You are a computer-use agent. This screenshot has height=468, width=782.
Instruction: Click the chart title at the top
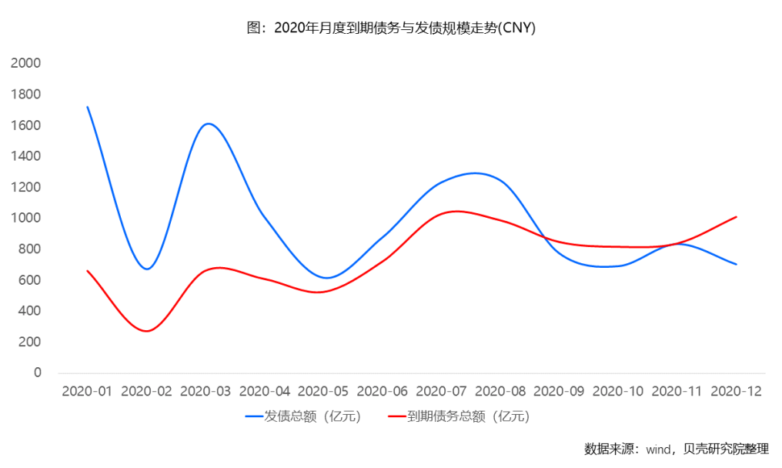390,28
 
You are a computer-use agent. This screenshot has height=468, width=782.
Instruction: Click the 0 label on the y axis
36,373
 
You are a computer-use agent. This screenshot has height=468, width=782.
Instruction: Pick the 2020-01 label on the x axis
87,391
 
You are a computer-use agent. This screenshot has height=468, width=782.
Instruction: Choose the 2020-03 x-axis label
206,391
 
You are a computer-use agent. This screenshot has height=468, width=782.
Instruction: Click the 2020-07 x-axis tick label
442,391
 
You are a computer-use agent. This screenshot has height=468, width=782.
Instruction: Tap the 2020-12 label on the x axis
737,391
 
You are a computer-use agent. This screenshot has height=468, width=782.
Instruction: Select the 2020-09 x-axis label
560,391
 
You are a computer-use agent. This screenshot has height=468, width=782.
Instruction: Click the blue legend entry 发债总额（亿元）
303,416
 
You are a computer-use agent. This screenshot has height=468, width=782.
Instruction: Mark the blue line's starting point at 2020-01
88,107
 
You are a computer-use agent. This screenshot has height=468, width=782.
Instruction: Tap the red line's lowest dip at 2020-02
146,331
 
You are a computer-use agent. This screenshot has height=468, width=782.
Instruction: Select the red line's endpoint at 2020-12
737,216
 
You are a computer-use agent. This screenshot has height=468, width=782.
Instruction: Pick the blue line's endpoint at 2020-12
737,264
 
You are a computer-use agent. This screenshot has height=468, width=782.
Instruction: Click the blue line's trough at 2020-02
146,269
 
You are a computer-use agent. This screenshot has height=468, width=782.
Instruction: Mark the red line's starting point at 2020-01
88,271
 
